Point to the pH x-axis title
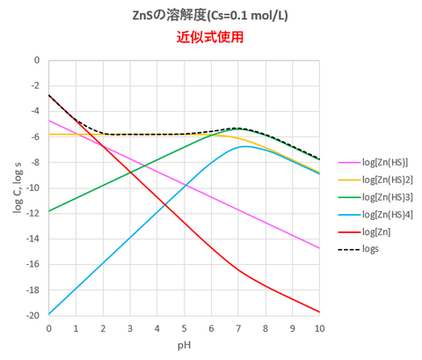[184, 346]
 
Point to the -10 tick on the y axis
[35, 188]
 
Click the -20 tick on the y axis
[35, 316]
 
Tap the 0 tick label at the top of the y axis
[38, 61]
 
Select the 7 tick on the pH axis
[238, 327]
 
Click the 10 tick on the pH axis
[319, 327]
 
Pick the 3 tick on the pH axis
[130, 327]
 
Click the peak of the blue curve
[245, 146]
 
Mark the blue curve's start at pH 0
[49, 314]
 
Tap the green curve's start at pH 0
[49, 211]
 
